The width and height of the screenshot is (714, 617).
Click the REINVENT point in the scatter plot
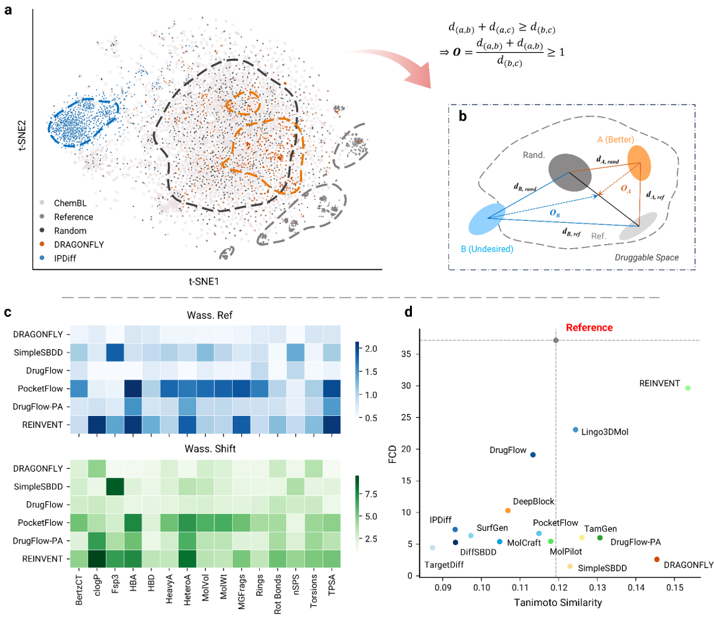click(x=688, y=388)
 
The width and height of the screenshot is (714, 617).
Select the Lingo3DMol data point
click(x=576, y=430)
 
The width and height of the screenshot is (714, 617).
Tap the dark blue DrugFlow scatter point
click(x=533, y=454)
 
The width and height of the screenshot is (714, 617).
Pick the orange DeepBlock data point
click(x=508, y=511)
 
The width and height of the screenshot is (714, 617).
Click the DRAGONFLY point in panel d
click(x=656, y=559)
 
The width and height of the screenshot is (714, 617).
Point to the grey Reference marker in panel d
click(x=556, y=340)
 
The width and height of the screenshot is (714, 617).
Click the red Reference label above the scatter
click(x=589, y=327)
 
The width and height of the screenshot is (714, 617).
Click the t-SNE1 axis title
click(x=204, y=282)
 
